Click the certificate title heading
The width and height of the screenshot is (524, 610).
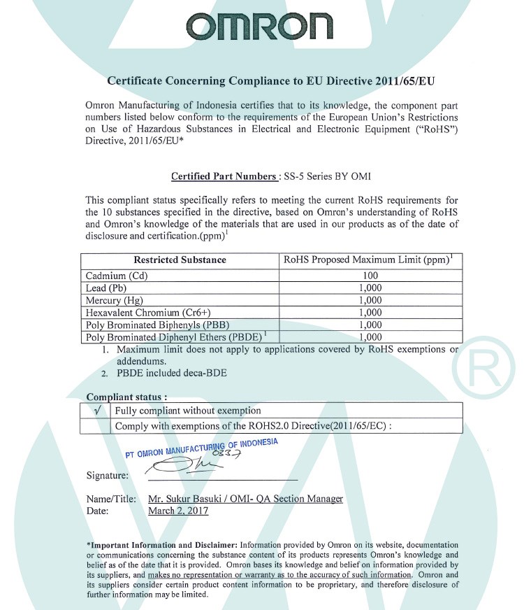click(270, 81)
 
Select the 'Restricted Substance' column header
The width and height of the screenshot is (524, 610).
click(180, 260)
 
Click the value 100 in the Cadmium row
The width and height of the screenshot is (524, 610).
click(370, 276)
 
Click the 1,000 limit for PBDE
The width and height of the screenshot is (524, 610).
click(370, 337)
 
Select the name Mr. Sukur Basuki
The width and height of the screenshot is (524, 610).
click(184, 499)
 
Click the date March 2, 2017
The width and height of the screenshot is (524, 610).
click(178, 511)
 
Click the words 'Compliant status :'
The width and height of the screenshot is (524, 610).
click(126, 397)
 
